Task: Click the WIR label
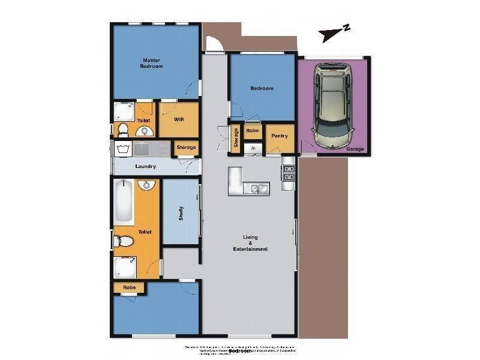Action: pos(178,119)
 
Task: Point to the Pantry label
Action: pos(280,136)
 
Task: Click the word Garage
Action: pos(356,148)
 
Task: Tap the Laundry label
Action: pos(145,166)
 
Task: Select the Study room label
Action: pos(181,213)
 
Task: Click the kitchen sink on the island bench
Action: pos(259,189)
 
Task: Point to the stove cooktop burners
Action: pos(289,173)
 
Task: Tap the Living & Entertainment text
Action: pos(251,243)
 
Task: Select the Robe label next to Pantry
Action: pos(252,130)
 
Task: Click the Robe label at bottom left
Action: pos(129,287)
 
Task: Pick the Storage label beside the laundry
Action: pos(185,148)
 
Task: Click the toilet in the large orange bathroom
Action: pos(124,241)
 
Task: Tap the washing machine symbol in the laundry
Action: pos(124,148)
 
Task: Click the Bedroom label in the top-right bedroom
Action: pos(262,88)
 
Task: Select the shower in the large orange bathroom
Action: pos(125,267)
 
